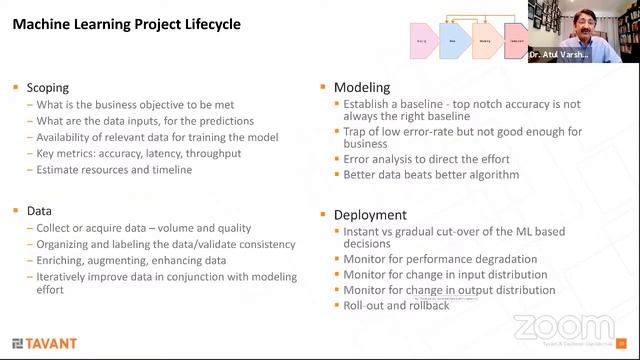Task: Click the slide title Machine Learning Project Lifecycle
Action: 126,23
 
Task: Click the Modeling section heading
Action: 361,88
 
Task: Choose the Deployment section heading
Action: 369,214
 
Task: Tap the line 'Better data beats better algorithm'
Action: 431,175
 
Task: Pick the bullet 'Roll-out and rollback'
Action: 396,305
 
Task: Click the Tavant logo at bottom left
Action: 45,343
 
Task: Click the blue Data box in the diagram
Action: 455,41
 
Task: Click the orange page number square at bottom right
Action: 621,343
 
